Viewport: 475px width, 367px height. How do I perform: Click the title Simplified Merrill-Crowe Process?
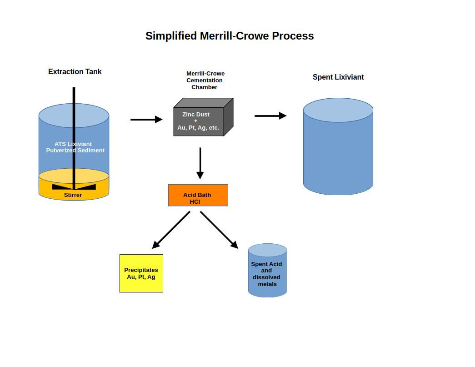230,36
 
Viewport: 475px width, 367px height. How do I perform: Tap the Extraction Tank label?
75,71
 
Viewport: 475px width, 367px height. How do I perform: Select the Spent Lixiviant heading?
338,77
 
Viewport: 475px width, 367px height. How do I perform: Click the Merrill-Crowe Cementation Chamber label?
205,80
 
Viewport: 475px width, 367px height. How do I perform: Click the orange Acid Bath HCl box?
198,195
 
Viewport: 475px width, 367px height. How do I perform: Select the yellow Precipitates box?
141,273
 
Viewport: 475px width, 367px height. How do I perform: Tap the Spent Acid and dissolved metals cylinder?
267,270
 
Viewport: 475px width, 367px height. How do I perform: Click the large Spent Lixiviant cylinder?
338,146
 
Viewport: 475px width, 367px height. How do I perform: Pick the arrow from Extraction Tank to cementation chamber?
146,120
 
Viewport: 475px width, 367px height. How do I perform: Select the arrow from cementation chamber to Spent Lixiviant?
270,116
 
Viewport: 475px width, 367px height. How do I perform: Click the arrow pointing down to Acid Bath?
200,163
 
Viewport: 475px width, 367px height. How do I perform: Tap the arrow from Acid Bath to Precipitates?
171,230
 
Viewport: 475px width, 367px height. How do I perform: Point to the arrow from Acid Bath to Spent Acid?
219,230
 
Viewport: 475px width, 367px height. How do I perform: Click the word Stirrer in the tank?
73,195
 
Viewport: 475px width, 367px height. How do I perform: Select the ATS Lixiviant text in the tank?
73,144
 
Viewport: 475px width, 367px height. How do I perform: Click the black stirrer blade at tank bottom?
74,187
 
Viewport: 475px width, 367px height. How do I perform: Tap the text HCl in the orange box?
195,202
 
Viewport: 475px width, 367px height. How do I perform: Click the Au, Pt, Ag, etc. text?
198,128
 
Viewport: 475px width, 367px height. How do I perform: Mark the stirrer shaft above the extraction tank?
74,96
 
